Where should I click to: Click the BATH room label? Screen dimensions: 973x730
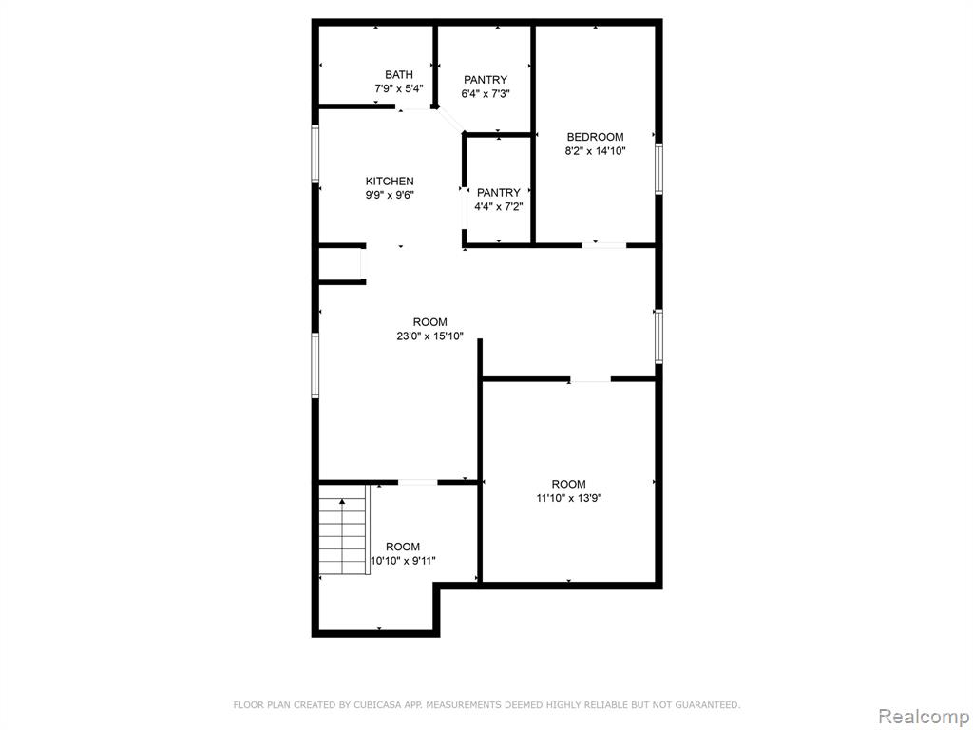398,74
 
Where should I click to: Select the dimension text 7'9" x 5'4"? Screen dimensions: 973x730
399,88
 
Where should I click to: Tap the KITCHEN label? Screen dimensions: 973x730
390,182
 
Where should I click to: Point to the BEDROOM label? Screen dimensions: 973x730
595,137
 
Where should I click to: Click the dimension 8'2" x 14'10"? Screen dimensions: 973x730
595,151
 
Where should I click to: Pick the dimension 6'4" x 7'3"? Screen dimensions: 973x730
486,94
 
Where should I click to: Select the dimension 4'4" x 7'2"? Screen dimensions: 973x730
498,206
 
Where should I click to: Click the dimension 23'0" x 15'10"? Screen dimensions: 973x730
430,337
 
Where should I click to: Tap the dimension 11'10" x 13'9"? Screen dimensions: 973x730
569,498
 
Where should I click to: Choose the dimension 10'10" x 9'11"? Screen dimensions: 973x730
403,561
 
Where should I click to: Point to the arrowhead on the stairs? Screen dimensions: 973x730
342,502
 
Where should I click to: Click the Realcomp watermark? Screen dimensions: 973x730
924,717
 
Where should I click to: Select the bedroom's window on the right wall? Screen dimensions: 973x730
659,169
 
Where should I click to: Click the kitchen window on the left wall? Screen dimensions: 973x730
315,154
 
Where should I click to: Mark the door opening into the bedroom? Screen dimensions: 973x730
603,246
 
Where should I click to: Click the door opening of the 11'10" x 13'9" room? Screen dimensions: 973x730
590,378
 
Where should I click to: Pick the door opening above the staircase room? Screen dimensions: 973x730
418,482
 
